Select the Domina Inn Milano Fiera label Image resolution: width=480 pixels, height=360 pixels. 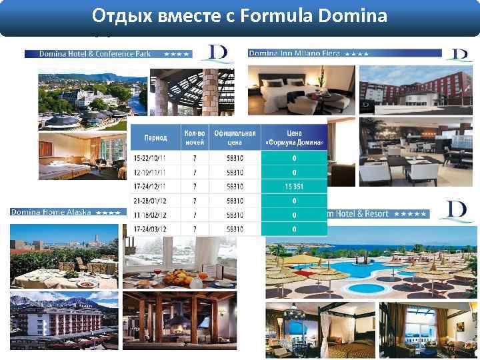(294, 53)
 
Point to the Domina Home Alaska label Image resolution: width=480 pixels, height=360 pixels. (53, 213)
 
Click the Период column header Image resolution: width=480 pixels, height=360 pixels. (156, 139)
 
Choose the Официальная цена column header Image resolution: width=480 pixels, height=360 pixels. (235, 139)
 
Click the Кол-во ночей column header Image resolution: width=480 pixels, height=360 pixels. (195, 139)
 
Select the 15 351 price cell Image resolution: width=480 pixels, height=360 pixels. (294, 187)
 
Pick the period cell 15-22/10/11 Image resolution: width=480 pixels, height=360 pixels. (156, 159)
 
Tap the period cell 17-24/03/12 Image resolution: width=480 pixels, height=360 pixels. (156, 229)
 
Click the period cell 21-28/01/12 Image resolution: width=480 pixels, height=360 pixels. (156, 201)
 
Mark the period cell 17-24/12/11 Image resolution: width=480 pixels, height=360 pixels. (156, 187)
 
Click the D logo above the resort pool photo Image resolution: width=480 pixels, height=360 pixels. (457, 209)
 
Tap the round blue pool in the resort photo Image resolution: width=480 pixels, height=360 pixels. (363, 288)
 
